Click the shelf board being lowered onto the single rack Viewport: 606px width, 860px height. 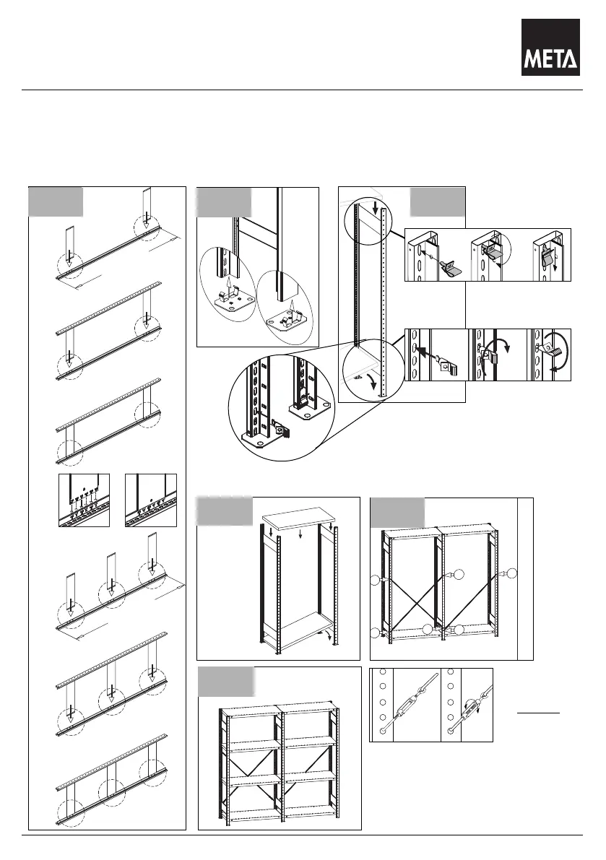[300, 518]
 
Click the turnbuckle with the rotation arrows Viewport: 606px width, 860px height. [471, 706]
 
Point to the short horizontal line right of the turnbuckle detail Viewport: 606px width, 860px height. [539, 713]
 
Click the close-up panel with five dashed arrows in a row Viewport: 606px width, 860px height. [84, 500]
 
